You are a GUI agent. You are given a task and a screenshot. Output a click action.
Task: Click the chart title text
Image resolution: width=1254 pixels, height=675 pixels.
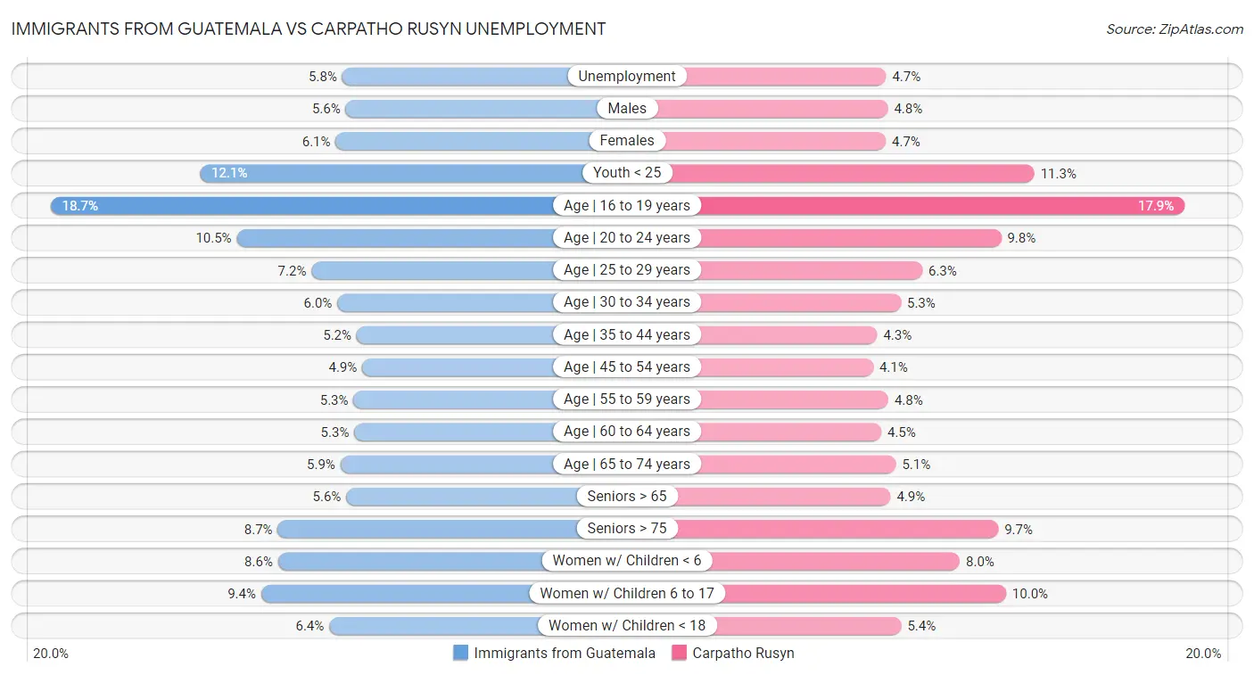coord(309,29)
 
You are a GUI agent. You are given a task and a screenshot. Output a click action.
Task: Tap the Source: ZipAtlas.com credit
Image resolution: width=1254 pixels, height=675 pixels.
coord(1174,29)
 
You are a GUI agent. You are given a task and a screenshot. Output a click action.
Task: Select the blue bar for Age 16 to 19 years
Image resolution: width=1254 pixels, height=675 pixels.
coord(303,206)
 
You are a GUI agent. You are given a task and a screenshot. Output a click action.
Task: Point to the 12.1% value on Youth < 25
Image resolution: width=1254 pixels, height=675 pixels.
coord(229,173)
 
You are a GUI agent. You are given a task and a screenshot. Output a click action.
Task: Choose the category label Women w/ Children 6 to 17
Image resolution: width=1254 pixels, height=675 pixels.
coord(627,593)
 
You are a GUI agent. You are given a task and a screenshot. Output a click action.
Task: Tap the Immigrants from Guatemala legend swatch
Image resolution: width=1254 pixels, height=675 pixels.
coord(460,653)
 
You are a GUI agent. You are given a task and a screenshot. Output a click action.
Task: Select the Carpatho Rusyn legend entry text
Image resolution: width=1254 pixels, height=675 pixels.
coord(743,653)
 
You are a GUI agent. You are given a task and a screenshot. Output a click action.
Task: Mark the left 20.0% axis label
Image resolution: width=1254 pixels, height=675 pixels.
coord(51,654)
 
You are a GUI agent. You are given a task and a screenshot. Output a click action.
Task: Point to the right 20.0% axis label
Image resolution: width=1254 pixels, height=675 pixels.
coord(1202,654)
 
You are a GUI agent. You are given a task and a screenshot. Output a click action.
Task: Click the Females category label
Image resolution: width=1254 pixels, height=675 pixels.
coord(627,141)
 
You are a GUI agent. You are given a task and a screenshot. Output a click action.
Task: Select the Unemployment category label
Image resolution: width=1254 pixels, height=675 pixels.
coord(627,77)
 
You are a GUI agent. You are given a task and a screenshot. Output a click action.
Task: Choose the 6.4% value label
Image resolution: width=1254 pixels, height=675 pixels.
coord(309,626)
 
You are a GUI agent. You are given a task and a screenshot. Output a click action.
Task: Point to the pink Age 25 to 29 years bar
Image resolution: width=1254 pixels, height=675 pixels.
coord(812,270)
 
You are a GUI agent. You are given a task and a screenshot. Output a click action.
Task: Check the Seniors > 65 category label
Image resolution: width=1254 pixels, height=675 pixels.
coord(627,497)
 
